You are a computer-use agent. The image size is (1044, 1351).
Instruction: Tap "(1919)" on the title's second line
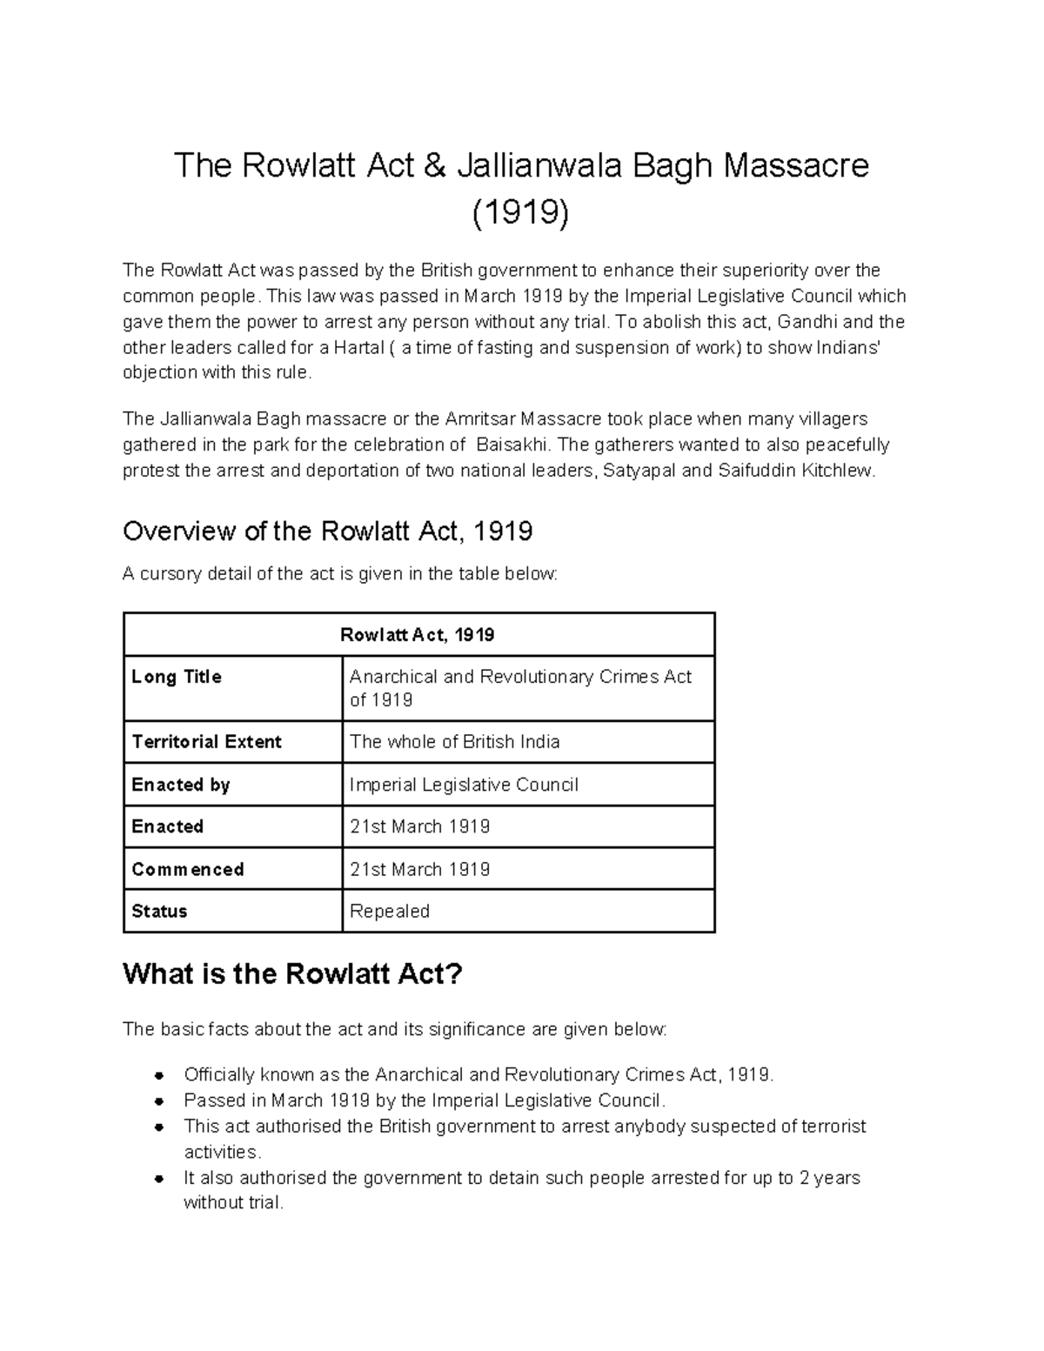tap(521, 213)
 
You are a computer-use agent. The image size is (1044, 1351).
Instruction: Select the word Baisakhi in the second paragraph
tap(513, 445)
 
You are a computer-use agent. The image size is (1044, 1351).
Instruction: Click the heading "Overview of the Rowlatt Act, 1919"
tap(328, 531)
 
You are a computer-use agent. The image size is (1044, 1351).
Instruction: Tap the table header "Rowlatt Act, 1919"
tap(418, 635)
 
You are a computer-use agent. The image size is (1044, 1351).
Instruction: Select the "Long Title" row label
tap(177, 677)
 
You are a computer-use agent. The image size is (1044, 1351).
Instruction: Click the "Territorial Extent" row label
tap(207, 742)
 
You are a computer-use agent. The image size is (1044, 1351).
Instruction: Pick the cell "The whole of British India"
tap(455, 742)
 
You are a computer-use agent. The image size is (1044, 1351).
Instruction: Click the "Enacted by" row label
tap(181, 785)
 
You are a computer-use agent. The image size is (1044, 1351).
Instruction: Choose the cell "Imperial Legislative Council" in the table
tap(464, 785)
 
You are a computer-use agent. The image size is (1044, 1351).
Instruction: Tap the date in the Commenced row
tap(420, 869)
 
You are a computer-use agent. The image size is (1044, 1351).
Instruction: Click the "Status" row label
tap(159, 912)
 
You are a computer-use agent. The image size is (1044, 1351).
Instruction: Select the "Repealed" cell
tap(390, 912)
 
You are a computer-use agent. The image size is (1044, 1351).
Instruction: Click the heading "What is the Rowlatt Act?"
tap(292, 973)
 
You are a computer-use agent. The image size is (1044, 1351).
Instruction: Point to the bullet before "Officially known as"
tap(159, 1075)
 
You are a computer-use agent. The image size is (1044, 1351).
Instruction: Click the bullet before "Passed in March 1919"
tap(159, 1101)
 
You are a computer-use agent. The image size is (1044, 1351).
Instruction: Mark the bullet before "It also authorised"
tap(159, 1179)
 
